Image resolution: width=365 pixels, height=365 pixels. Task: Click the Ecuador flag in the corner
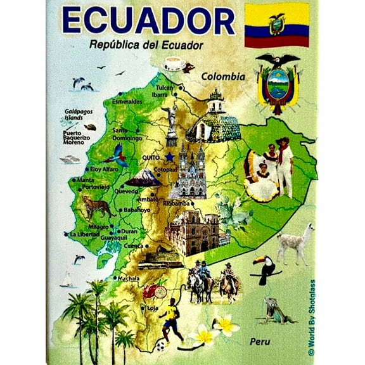tap(276, 25)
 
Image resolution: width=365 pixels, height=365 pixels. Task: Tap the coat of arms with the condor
tap(277, 82)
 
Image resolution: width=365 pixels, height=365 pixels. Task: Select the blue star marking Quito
tap(169, 157)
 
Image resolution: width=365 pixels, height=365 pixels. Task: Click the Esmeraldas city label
tap(127, 101)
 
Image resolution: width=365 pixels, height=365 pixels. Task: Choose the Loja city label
tap(153, 308)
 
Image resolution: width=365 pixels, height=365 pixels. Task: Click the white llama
tap(295, 242)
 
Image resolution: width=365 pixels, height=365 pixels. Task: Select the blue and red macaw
tap(118, 153)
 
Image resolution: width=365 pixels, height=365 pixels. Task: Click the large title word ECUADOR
tap(149, 22)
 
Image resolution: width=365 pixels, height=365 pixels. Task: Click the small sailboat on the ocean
tap(67, 279)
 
